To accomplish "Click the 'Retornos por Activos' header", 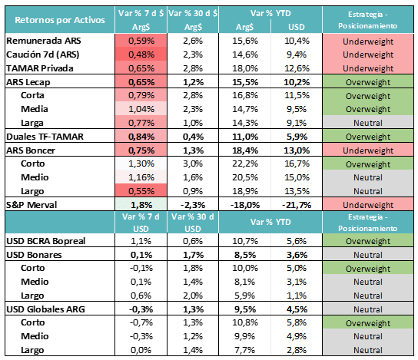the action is pyautogui.click(x=60, y=20).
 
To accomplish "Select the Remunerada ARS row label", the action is pyautogui.click(x=44, y=41).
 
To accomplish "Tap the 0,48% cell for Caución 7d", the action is pyautogui.click(x=141, y=54).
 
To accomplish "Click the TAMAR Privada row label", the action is pyautogui.click(x=40, y=68).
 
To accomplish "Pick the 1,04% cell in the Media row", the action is pyautogui.click(x=141, y=109).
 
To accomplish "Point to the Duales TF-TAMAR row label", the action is pyautogui.click(x=45, y=137).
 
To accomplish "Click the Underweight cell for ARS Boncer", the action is pyautogui.click(x=368, y=150).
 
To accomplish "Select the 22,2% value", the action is pyautogui.click(x=245, y=163).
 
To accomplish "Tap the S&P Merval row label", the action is pyautogui.click(x=32, y=205).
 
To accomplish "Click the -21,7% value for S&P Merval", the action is pyautogui.click(x=297, y=205).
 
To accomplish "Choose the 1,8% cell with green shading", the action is pyautogui.click(x=141, y=205).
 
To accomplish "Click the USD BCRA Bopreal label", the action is pyautogui.click(x=46, y=241).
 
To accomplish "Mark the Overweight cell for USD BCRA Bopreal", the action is pyautogui.click(x=368, y=241).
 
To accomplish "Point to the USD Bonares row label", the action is pyautogui.click(x=34, y=255).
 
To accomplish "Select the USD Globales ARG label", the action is pyautogui.click(x=45, y=309).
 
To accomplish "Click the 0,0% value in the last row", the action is pyautogui.click(x=141, y=350).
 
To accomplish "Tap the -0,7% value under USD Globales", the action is pyautogui.click(x=141, y=322).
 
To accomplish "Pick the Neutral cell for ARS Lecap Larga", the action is pyautogui.click(x=368, y=123).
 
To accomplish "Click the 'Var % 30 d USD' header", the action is pyautogui.click(x=193, y=223).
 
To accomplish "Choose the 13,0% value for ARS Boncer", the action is pyautogui.click(x=297, y=150).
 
